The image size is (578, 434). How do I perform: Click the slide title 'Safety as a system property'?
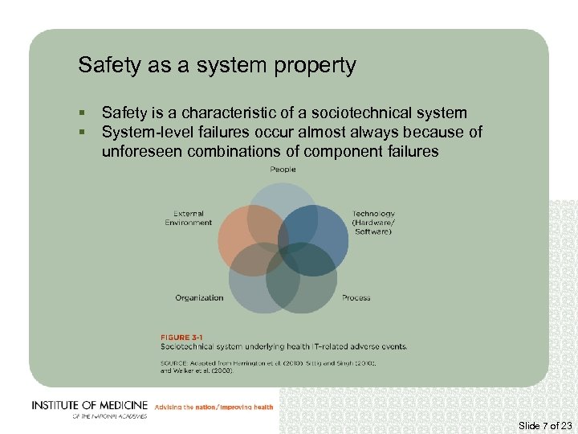tap(217, 65)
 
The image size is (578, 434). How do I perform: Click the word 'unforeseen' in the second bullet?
tap(142, 151)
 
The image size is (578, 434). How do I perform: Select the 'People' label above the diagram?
tap(283, 170)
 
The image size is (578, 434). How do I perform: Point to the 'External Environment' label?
tap(189, 218)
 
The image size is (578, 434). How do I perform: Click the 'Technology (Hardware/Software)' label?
tap(373, 223)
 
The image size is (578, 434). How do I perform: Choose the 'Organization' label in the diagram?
tap(199, 298)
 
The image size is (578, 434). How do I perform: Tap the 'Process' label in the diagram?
tap(356, 298)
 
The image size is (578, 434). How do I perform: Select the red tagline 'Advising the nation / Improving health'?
tap(214, 407)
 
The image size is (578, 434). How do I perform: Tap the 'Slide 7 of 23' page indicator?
tap(546, 425)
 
